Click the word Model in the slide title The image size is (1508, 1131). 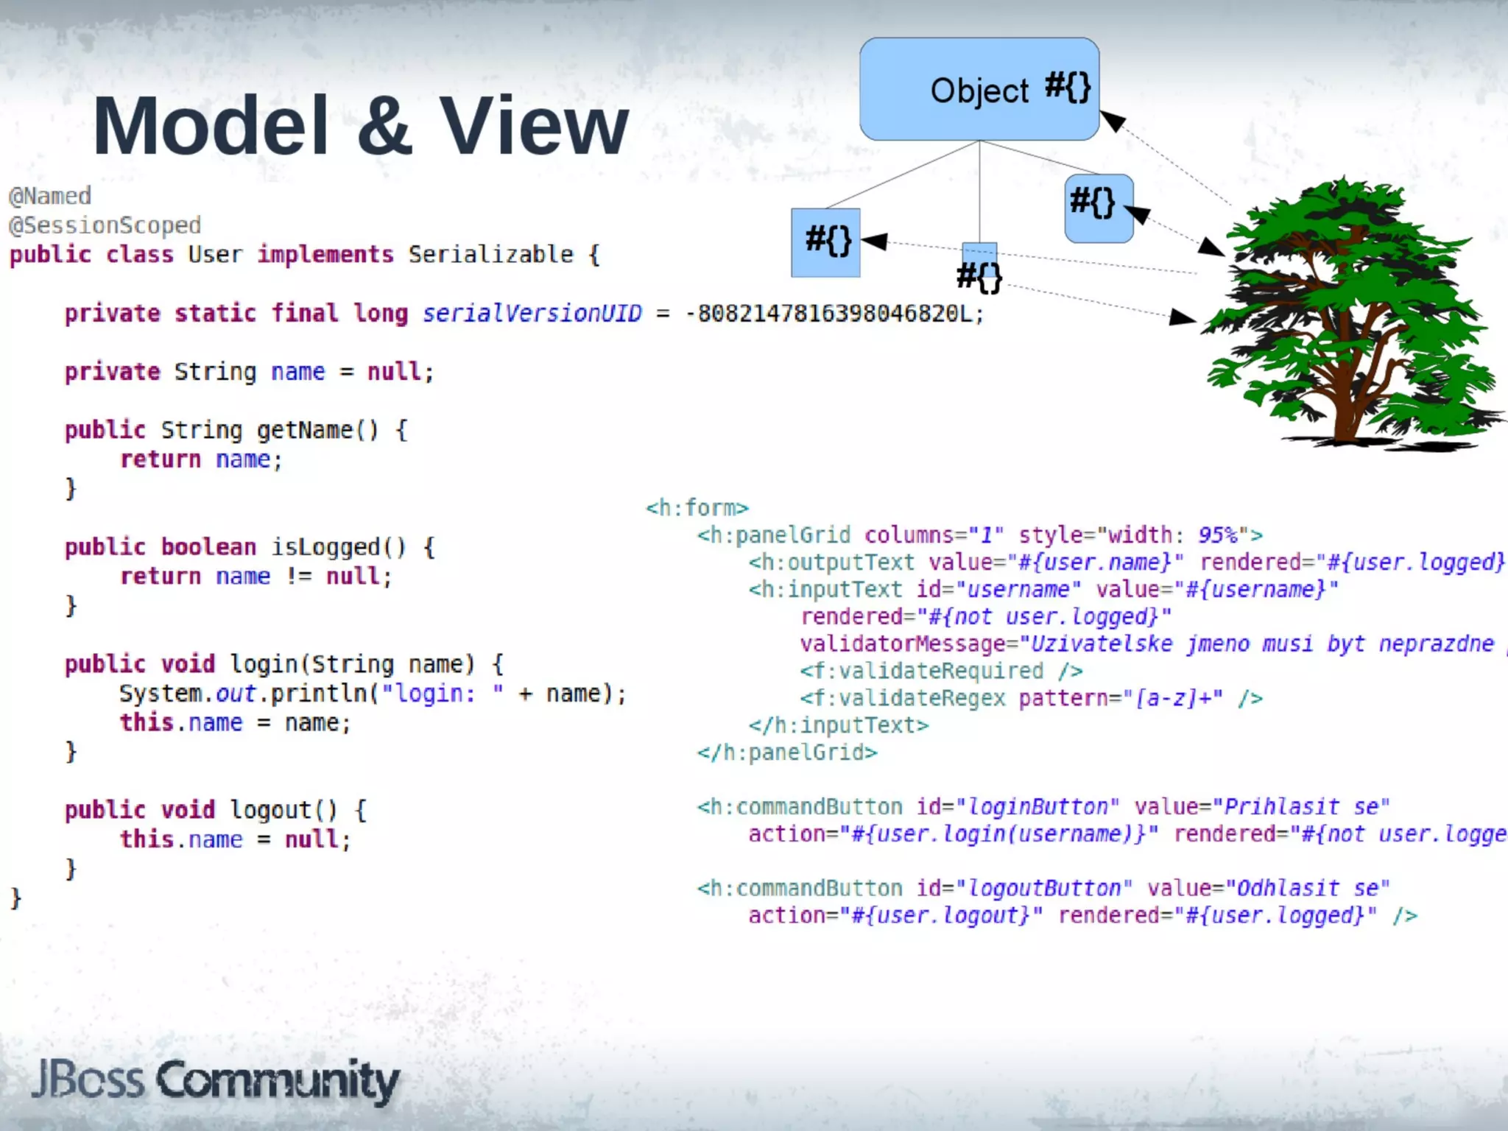[x=211, y=127]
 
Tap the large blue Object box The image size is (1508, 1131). [x=979, y=89]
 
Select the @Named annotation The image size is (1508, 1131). [x=50, y=196]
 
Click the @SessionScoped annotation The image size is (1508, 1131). [x=105, y=225]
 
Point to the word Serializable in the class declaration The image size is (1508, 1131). [x=490, y=255]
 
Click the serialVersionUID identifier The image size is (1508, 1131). [x=532, y=314]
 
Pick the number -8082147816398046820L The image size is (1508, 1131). [x=834, y=314]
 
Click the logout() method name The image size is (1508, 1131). [x=283, y=810]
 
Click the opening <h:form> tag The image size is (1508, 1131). [x=697, y=508]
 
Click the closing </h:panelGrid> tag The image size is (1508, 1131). [x=787, y=753]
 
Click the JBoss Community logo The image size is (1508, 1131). [x=215, y=1081]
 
